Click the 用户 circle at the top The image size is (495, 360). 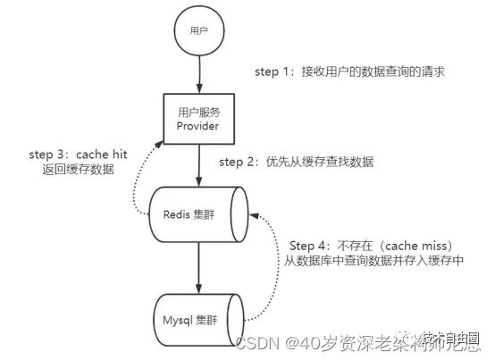(198, 30)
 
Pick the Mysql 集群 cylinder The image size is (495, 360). (198, 316)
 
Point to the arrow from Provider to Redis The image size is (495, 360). (198, 167)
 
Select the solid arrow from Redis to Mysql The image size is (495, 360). (198, 267)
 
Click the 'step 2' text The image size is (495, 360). (238, 163)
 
